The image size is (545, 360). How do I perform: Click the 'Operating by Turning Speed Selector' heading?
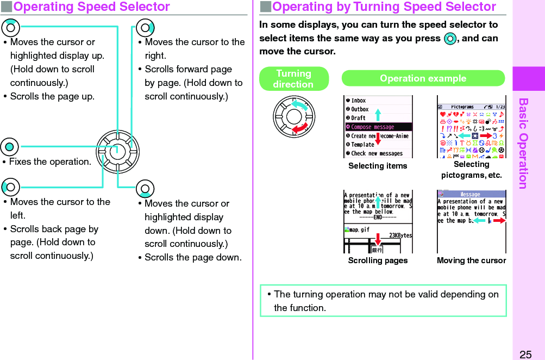384,7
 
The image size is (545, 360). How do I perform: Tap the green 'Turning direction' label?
293,79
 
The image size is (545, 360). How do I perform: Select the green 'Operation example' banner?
423,78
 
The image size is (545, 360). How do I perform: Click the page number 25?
525,355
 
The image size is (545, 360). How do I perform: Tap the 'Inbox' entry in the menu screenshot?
358,101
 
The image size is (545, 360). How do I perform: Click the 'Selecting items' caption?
378,166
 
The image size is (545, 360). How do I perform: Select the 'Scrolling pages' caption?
378,260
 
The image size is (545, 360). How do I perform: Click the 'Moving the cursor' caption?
471,260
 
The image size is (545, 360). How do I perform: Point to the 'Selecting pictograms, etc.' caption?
471,170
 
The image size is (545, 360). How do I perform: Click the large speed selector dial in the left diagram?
118,152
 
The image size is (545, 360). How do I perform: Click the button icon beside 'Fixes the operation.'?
10,147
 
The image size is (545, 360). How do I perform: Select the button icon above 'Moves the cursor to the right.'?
145,28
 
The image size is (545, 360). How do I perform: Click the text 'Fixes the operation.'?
50,162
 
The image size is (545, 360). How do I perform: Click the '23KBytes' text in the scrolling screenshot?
400,235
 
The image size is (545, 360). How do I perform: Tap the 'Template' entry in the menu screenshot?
362,145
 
